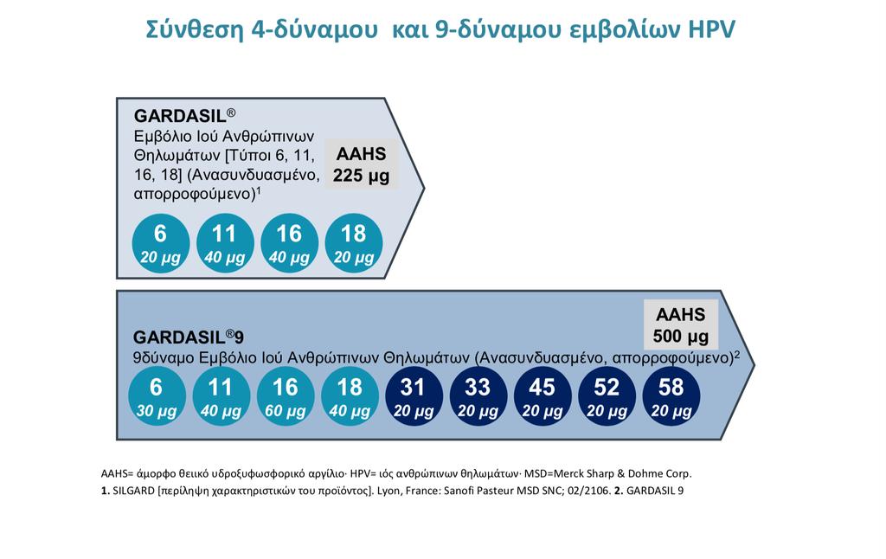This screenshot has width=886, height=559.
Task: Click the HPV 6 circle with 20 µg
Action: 160,244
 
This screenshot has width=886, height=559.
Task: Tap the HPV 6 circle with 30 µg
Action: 157,397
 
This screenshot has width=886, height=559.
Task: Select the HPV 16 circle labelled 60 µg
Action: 286,397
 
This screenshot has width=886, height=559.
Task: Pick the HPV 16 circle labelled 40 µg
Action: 289,244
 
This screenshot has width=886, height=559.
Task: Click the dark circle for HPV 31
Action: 414,397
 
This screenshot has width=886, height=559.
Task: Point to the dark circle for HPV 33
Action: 478,397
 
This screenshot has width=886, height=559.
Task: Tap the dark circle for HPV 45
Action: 543,397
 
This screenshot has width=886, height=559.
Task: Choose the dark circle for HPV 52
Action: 607,397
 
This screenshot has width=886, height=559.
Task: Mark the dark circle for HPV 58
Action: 671,397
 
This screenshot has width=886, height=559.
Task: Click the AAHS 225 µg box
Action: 361,164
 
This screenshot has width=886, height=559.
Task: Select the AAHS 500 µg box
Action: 681,325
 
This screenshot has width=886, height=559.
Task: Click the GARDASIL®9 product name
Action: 189,337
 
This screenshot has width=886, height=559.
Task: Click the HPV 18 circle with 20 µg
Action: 354,244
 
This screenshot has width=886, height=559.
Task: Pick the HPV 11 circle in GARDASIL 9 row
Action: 221,397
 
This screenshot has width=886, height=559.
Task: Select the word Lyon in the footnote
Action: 388,492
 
